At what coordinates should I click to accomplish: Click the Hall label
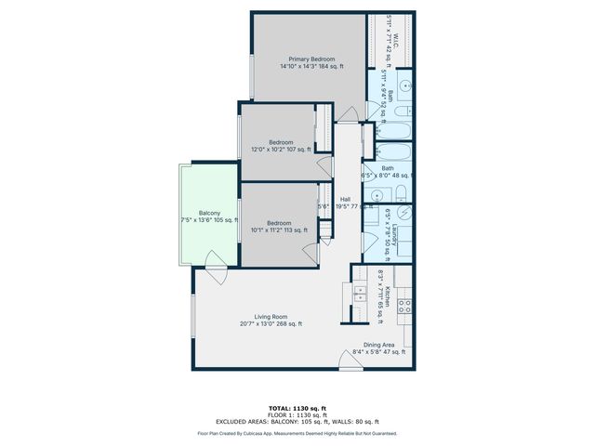point(345,199)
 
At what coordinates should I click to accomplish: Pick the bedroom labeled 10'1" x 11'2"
point(279,223)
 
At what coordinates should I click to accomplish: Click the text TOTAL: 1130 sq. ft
point(297,408)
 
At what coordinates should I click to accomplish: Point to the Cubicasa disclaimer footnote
point(297,433)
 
